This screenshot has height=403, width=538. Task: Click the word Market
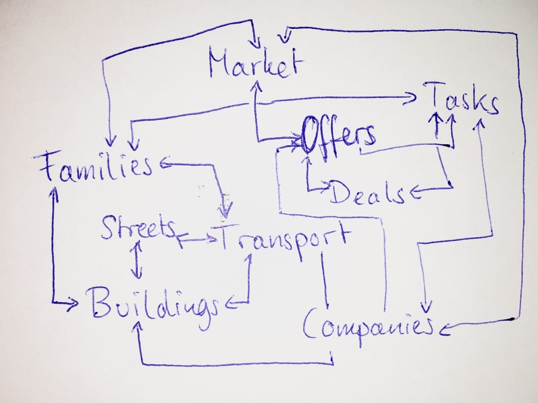(255, 64)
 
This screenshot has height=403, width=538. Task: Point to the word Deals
(367, 193)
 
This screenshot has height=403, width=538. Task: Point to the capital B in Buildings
(99, 302)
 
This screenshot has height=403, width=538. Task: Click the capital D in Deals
(340, 192)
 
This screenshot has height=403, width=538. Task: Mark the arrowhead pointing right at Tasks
(413, 97)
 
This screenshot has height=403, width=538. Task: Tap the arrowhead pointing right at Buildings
(74, 302)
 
